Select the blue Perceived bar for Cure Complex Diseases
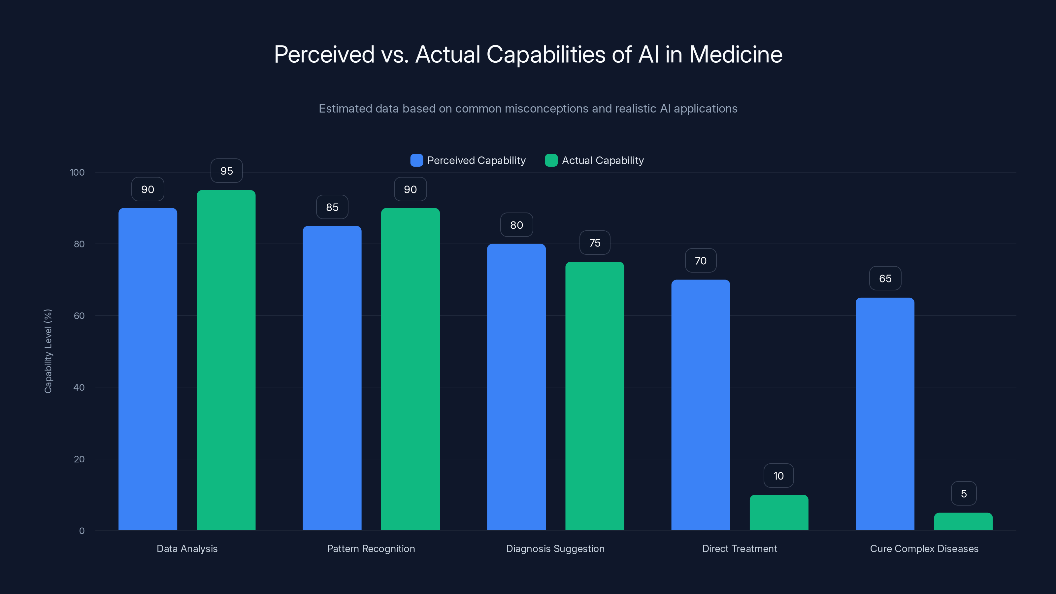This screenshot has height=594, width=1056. (x=885, y=414)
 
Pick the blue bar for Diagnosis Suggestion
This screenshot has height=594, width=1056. (x=516, y=387)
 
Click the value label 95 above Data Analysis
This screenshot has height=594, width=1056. (x=226, y=171)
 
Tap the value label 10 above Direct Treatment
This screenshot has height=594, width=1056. (x=778, y=476)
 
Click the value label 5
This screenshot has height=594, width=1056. (x=963, y=494)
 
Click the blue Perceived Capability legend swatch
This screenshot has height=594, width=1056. (x=416, y=160)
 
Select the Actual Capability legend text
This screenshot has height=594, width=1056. (x=603, y=160)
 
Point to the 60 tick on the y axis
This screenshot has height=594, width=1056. (x=79, y=316)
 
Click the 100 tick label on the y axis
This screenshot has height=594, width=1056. (x=77, y=172)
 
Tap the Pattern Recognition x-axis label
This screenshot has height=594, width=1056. (x=371, y=548)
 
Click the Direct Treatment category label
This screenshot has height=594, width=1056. (x=740, y=548)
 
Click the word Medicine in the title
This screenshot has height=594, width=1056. (x=736, y=54)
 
